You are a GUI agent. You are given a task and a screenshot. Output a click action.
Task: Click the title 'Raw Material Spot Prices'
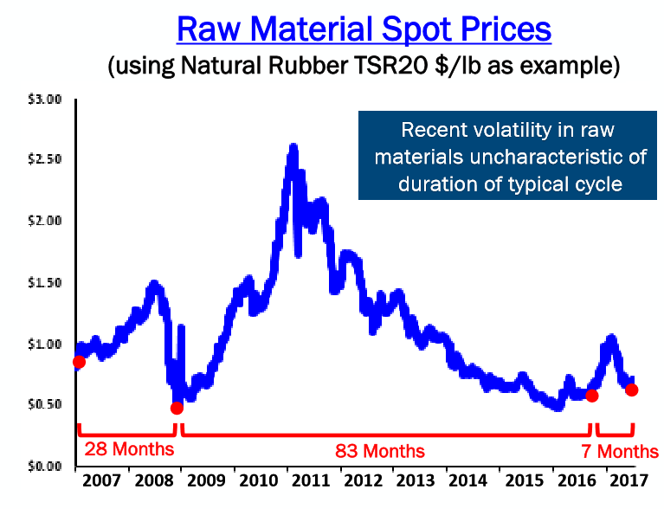(x=363, y=28)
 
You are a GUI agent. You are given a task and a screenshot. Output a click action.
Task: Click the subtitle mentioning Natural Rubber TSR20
(x=363, y=67)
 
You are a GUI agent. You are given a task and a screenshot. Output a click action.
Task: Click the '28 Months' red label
(x=128, y=449)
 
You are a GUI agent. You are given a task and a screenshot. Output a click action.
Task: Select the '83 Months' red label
(x=380, y=451)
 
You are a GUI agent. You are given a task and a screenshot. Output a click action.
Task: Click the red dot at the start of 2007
(x=79, y=362)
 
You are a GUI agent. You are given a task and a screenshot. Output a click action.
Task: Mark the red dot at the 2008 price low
(x=177, y=408)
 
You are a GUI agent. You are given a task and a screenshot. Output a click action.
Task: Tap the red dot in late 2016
(x=592, y=395)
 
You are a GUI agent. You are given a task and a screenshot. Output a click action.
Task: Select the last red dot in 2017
(x=632, y=390)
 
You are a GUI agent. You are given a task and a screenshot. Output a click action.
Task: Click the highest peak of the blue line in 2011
(x=293, y=147)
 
